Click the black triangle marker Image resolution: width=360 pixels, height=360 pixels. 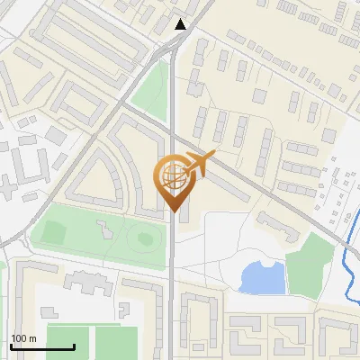(181, 24)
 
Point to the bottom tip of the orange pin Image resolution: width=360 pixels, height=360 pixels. (172, 211)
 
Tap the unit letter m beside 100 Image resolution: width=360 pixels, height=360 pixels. (32, 338)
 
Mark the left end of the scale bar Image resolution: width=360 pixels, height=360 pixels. (11, 346)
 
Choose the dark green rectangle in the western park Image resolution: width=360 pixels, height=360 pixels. (53, 233)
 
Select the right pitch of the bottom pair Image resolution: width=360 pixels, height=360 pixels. (115, 343)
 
